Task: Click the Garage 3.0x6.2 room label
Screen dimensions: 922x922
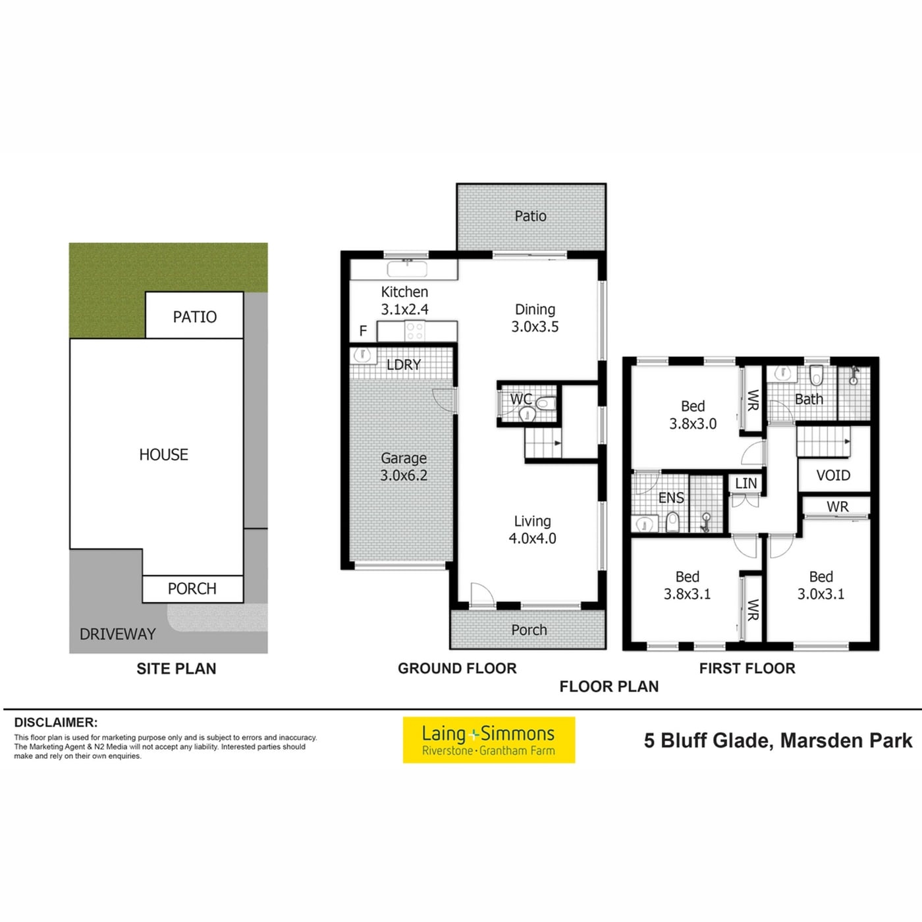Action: pyautogui.click(x=403, y=466)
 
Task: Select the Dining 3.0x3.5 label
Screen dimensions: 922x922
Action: pyautogui.click(x=535, y=317)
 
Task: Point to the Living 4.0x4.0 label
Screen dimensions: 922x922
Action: pyautogui.click(x=532, y=529)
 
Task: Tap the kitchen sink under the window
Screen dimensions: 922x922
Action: pyautogui.click(x=407, y=269)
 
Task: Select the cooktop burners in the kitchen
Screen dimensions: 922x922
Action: pyautogui.click(x=414, y=331)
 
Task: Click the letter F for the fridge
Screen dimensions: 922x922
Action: pyautogui.click(x=363, y=331)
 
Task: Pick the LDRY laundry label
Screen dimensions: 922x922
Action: pyautogui.click(x=403, y=365)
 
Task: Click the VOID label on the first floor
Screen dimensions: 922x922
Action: pyautogui.click(x=833, y=475)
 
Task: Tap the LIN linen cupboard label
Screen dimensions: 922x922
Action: pyautogui.click(x=746, y=483)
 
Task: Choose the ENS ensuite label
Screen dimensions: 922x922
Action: pyautogui.click(x=671, y=498)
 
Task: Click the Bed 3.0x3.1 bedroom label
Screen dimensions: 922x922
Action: pyautogui.click(x=821, y=585)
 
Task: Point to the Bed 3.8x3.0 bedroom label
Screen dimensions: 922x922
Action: pyautogui.click(x=692, y=415)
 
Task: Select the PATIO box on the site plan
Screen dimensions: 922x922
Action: pyautogui.click(x=194, y=315)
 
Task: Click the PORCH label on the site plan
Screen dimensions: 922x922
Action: pyautogui.click(x=192, y=589)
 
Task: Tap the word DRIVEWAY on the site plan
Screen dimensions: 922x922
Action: pyautogui.click(x=118, y=634)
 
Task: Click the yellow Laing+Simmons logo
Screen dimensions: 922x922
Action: pyautogui.click(x=489, y=740)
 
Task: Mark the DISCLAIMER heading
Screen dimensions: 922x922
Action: pyautogui.click(x=56, y=722)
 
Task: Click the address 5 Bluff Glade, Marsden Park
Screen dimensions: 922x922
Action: pyautogui.click(x=778, y=741)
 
